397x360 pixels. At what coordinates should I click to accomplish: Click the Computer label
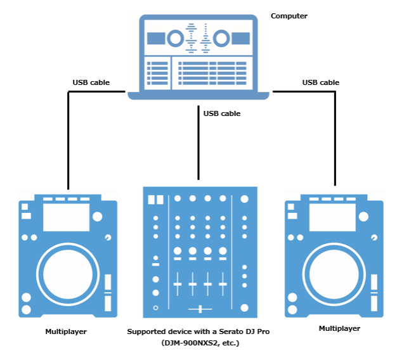tap(289, 16)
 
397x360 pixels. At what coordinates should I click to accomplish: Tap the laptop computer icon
tap(198, 57)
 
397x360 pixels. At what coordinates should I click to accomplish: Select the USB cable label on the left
tap(91, 82)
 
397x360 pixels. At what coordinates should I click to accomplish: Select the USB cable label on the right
tap(320, 82)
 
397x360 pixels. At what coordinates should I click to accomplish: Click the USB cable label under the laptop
tap(221, 113)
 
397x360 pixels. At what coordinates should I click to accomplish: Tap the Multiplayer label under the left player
tap(66, 331)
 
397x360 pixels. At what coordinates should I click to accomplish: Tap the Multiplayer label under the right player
tap(339, 328)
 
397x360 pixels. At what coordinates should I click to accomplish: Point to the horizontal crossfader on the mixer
tap(200, 309)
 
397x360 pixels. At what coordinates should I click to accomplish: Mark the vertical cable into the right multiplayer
tap(334, 139)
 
